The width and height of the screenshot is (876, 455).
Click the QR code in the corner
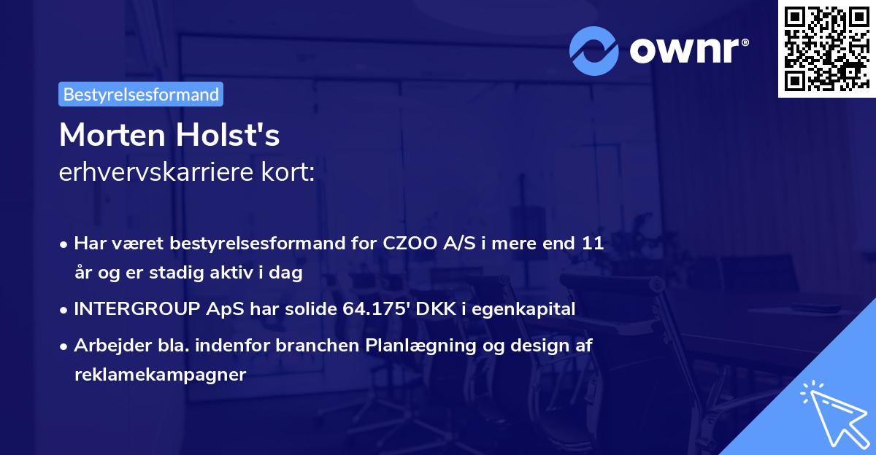click(x=826, y=48)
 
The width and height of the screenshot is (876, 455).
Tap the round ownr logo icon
click(x=594, y=50)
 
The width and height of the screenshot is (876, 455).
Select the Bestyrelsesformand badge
click(x=141, y=94)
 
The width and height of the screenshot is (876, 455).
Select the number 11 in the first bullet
click(x=592, y=244)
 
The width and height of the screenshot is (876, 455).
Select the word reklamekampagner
click(x=160, y=375)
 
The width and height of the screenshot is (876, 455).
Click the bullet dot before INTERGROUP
click(x=65, y=309)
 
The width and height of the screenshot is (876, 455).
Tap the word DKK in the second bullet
click(x=434, y=309)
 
